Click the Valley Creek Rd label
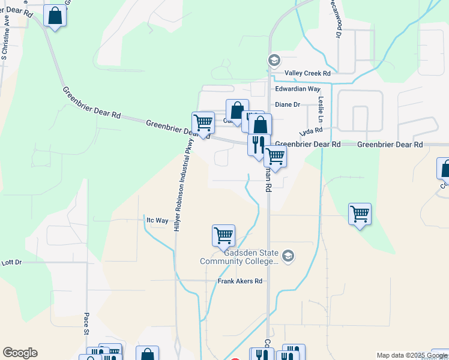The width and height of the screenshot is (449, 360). click(307, 73)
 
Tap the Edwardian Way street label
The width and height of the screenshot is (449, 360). click(298, 89)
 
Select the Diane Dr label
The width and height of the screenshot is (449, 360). click(287, 104)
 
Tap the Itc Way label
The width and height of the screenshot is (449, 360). click(157, 220)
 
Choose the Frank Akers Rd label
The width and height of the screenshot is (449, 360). click(240, 281)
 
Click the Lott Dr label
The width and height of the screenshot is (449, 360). click(11, 263)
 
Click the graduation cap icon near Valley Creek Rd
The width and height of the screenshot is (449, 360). click(274, 60)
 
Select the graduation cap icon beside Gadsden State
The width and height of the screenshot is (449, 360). click(288, 256)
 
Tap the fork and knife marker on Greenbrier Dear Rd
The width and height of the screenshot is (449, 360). click(258, 144)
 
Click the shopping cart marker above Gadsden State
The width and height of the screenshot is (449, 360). click(223, 235)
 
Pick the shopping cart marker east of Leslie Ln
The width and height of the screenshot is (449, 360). click(359, 213)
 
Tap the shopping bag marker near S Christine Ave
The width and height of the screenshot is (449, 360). click(55, 17)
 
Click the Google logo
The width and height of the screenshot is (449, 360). click(20, 353)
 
